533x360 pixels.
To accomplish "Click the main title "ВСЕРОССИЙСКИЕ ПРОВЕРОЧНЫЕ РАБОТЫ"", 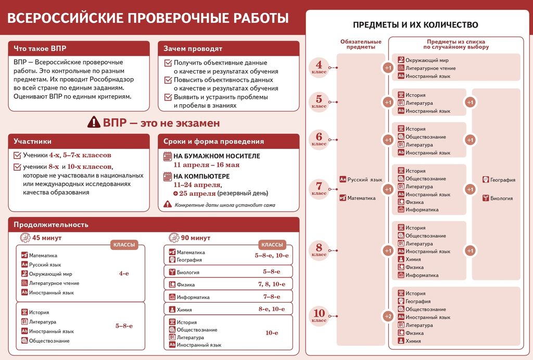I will (x=148, y=19).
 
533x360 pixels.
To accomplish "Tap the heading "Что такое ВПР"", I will (x=40, y=48).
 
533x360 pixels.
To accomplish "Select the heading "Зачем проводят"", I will (x=193, y=48).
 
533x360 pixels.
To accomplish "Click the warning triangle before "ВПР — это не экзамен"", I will (x=94, y=122).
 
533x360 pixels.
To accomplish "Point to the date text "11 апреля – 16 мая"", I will (x=206, y=165).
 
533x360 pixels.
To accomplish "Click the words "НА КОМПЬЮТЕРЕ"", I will (x=201, y=176).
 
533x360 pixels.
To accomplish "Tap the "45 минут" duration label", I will (x=47, y=238).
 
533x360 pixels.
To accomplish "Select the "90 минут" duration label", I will (x=195, y=238).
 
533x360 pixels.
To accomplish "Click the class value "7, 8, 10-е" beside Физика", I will (x=271, y=284).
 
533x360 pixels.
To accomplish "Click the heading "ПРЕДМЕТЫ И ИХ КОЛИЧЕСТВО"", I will (x=415, y=24).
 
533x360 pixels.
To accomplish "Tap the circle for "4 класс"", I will (x=319, y=67).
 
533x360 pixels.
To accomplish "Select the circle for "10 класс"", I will (x=319, y=315).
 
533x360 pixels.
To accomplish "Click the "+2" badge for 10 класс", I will (x=388, y=316).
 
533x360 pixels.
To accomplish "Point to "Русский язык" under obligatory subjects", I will (x=364, y=180).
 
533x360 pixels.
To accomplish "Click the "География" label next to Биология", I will (x=502, y=180).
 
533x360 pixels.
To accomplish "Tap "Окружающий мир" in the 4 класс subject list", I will (x=423, y=60).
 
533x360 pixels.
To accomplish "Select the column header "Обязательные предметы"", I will (x=361, y=44).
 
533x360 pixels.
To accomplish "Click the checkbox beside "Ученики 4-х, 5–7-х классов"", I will (x=17, y=155).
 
